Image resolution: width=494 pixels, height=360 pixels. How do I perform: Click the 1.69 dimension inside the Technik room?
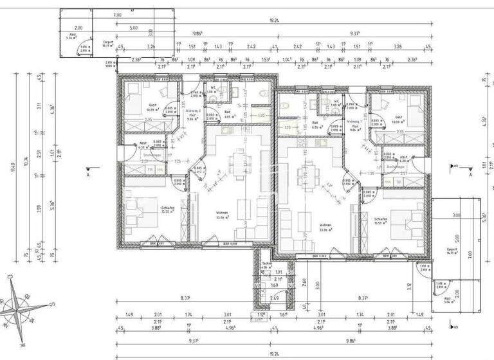coord(274,285)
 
